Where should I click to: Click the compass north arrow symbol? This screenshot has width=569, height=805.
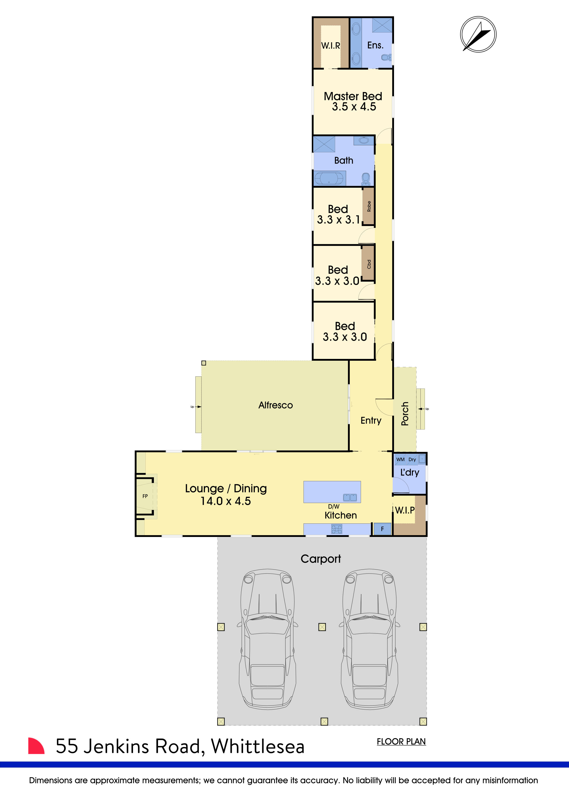click(478, 34)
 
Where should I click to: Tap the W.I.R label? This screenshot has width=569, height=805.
click(330, 46)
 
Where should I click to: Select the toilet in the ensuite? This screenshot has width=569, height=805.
click(387, 57)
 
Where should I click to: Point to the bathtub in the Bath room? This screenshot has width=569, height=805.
click(329, 178)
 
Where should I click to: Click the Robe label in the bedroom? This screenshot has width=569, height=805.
click(369, 206)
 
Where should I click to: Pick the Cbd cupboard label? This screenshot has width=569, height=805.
click(369, 264)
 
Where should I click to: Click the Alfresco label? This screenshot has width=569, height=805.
click(275, 405)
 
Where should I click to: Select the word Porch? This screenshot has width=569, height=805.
click(405, 414)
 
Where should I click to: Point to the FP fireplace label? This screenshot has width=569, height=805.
click(145, 496)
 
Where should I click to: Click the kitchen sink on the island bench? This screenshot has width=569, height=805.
click(350, 497)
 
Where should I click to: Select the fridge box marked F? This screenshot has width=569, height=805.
click(382, 529)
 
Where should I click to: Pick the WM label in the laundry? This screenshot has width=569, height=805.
click(400, 459)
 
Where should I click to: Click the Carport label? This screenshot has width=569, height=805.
click(321, 559)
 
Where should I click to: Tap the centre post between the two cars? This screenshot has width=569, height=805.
click(322, 627)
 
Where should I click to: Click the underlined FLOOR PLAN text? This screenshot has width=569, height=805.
click(401, 741)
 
